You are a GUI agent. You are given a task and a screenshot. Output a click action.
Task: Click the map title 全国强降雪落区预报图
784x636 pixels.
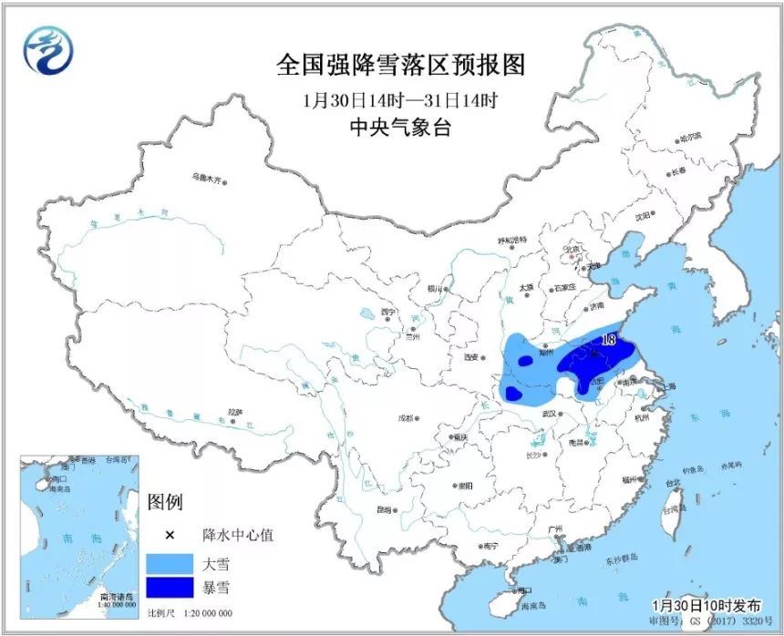click(401, 66)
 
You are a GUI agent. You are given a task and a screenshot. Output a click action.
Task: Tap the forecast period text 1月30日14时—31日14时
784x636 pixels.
click(401, 98)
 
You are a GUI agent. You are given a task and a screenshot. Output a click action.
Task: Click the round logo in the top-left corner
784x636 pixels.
click(46, 50)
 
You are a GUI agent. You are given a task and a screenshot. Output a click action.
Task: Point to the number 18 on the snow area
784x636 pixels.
click(610, 340)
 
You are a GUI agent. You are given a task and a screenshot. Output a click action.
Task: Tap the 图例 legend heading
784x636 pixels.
click(166, 501)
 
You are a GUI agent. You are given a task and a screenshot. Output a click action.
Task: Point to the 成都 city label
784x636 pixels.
click(405, 419)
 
